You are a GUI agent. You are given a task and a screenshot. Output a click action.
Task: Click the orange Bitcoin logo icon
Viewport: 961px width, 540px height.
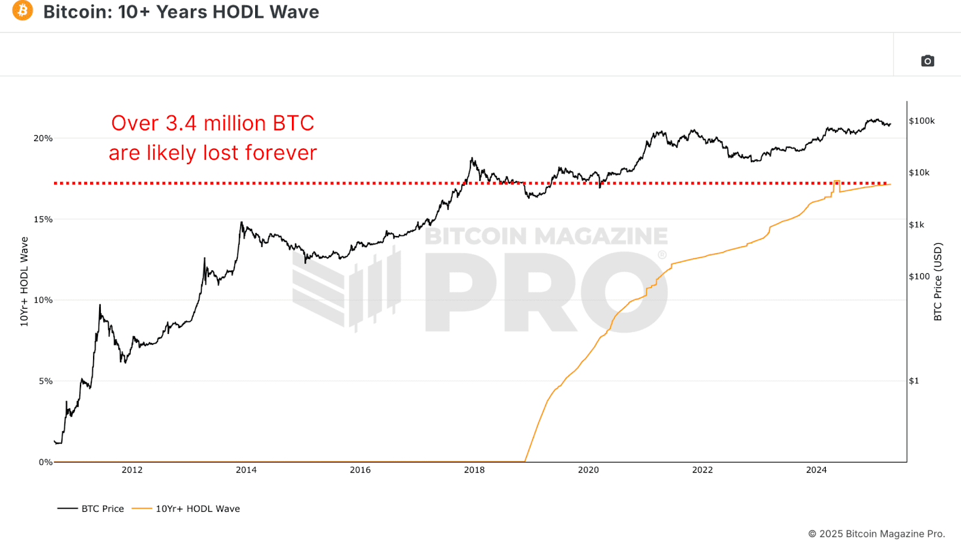click(23, 11)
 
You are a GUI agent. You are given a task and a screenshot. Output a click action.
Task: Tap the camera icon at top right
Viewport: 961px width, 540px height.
click(927, 61)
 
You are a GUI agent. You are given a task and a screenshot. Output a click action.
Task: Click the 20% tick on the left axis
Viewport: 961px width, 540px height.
click(43, 138)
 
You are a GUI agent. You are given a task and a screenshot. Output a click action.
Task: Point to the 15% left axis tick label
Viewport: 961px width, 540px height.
click(43, 219)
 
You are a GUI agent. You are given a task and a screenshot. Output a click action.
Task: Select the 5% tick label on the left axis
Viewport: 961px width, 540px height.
click(46, 381)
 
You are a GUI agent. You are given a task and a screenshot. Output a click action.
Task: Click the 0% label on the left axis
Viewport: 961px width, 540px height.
click(46, 462)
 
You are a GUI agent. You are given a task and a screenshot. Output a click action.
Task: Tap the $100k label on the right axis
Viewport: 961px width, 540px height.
click(921, 121)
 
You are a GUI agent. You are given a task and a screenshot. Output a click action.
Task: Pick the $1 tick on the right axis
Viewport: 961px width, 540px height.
click(914, 381)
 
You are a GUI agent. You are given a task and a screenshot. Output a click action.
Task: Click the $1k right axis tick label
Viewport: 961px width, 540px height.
click(917, 225)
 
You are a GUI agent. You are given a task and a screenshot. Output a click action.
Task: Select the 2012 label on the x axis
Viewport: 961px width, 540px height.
click(132, 470)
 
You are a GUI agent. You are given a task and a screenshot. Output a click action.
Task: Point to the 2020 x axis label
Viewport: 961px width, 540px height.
click(588, 470)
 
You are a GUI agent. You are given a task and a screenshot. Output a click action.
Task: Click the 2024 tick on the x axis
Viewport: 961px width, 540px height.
click(816, 470)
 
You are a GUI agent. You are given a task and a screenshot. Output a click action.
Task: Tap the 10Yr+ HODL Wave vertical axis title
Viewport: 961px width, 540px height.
click(24, 281)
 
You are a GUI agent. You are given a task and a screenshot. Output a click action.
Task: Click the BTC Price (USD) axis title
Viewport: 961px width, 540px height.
click(938, 281)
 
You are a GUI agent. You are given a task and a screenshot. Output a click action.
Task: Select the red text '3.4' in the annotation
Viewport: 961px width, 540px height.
click(181, 123)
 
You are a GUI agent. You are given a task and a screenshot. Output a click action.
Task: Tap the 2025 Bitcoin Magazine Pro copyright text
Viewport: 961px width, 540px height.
click(876, 533)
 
